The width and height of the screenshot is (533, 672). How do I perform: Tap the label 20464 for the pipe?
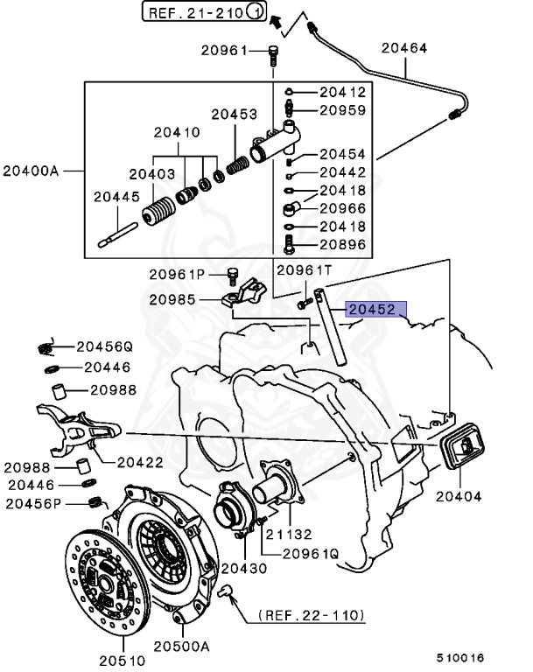pos(404,49)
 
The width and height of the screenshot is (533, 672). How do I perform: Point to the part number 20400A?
pos(31,170)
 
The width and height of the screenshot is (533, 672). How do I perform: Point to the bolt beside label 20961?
pos(273,57)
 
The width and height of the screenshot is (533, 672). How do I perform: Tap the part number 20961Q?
pos(310,553)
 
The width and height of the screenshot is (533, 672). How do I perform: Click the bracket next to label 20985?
pos(245,297)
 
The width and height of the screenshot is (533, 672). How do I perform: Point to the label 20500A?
pos(182,647)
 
